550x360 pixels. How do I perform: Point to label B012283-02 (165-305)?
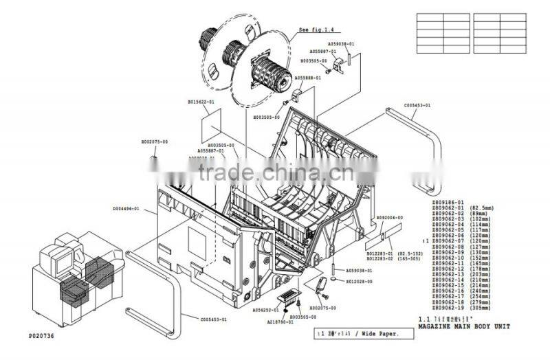point(395,259)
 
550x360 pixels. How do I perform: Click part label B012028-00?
point(359,281)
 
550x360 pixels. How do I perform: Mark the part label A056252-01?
point(265,310)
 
